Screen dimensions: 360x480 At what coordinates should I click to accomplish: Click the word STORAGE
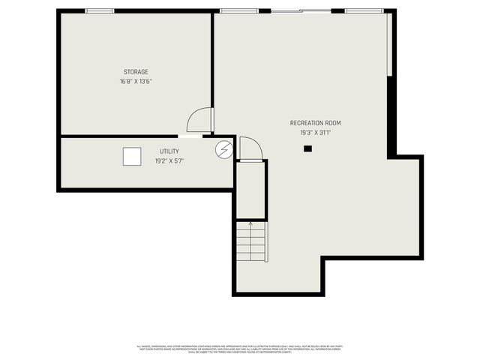(136, 72)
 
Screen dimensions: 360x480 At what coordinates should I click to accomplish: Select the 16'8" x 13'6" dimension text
(136, 81)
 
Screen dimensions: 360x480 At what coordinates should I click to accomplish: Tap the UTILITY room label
(169, 151)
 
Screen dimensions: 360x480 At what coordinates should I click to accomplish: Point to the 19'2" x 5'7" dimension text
(169, 160)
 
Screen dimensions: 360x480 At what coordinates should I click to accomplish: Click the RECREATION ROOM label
(310, 123)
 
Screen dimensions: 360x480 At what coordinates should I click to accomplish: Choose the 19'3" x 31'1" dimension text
(310, 133)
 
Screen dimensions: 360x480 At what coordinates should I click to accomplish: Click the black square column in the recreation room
(307, 149)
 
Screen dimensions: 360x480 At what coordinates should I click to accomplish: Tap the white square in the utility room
(132, 156)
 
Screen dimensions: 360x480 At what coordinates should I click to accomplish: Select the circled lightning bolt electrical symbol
(223, 149)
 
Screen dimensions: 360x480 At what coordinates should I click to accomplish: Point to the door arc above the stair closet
(250, 148)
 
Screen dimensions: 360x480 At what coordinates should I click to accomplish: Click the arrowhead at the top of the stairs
(250, 223)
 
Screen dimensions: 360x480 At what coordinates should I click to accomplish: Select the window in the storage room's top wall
(100, 11)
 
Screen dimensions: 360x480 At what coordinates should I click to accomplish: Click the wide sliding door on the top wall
(300, 11)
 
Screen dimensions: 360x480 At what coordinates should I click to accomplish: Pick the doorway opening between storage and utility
(190, 136)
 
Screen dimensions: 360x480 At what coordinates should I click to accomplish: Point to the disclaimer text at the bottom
(240, 349)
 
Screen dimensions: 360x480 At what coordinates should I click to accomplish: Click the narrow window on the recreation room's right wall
(388, 45)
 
